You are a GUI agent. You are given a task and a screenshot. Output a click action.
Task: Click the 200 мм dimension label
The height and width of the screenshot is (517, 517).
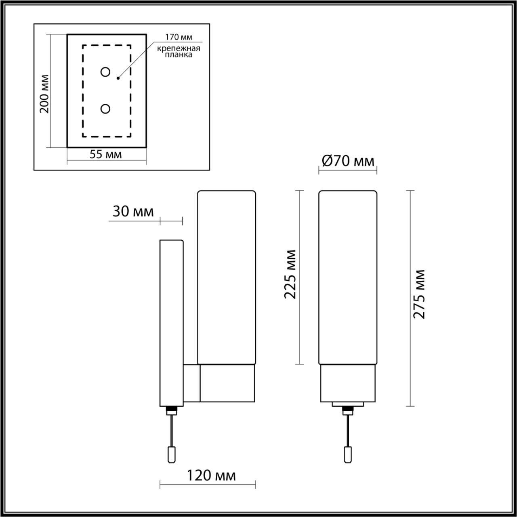pos(45,94)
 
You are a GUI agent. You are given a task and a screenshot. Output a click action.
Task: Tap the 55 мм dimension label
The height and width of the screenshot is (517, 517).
pos(106,155)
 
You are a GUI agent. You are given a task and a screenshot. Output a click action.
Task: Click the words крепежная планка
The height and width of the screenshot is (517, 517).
pos(179,52)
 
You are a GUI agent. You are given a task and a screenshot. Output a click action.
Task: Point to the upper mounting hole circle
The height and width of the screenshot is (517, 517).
pos(105,72)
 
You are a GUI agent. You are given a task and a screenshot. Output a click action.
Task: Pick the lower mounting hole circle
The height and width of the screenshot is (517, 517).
pos(105,109)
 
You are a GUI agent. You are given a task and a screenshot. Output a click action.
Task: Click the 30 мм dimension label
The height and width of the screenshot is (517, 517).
pos(133,212)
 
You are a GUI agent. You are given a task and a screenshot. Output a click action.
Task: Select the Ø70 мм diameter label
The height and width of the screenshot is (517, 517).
pos(348,161)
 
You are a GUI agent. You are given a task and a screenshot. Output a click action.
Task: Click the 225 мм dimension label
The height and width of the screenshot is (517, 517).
pos(290,274)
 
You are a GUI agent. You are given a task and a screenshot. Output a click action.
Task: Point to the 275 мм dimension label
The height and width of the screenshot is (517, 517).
pos(420,294)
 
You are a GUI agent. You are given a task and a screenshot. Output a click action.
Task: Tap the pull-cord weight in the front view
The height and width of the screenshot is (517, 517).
pos(347,454)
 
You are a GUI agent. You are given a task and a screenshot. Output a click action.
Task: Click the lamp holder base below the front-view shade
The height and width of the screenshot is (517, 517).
pos(348,383)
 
